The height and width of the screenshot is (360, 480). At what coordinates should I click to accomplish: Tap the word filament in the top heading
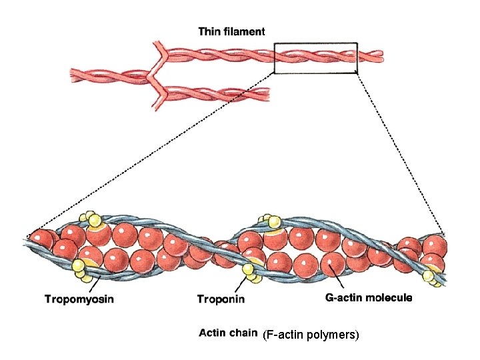(245, 31)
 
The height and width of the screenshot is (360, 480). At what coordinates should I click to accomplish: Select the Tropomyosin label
(79, 299)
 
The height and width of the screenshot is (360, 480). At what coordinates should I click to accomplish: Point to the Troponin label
(221, 299)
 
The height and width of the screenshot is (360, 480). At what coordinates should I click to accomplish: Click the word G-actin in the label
(341, 298)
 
